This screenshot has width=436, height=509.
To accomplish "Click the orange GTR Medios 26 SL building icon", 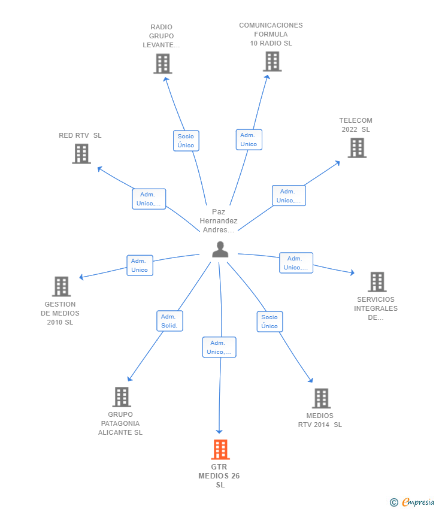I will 220,449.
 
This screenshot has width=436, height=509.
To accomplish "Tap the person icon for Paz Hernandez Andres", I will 220,250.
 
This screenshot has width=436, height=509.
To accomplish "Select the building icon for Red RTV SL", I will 81,153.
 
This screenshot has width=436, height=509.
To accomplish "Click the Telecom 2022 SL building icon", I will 357,147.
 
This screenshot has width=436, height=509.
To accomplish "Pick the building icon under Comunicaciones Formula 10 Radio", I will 272,61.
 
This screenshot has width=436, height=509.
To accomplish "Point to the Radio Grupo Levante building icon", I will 162,63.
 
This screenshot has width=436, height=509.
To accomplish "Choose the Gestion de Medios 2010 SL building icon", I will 61,286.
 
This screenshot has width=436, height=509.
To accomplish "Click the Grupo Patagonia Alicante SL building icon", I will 122,396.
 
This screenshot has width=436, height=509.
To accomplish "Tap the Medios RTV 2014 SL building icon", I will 321,398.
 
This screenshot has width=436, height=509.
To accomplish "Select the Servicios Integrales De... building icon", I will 377,281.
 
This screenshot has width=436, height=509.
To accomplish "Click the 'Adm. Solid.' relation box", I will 170,321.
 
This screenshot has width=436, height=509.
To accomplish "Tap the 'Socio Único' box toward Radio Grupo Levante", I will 186,141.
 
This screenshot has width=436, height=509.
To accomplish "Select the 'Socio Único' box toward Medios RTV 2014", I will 270,322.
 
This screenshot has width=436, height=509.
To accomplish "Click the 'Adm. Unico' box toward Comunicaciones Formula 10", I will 249,140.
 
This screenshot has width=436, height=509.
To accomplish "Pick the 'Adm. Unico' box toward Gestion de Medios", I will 140,265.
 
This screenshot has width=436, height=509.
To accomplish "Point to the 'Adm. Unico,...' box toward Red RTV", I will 149,199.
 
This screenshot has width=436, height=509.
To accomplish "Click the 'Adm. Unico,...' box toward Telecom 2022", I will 289,196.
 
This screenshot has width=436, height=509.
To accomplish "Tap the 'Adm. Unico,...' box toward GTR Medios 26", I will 219,347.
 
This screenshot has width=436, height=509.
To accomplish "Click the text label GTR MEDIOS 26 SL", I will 220,476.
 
